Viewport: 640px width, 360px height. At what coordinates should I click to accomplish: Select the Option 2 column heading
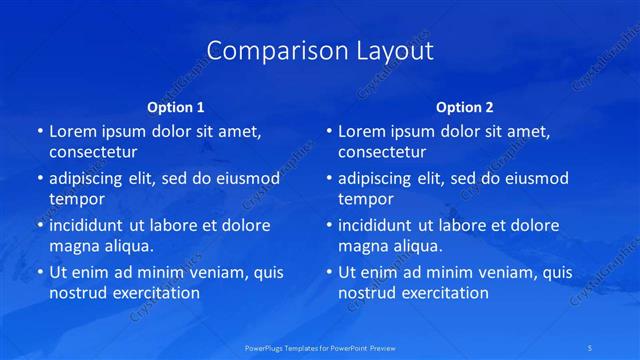(464, 107)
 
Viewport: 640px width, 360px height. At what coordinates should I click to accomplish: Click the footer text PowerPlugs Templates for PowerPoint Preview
(320, 348)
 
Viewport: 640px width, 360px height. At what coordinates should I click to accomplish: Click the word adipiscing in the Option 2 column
(380, 178)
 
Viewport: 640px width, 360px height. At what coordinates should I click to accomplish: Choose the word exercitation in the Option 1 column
(155, 293)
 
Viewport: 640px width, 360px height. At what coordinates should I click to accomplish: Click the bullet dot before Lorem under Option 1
(39, 132)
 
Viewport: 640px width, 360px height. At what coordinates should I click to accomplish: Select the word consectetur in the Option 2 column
(382, 152)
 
